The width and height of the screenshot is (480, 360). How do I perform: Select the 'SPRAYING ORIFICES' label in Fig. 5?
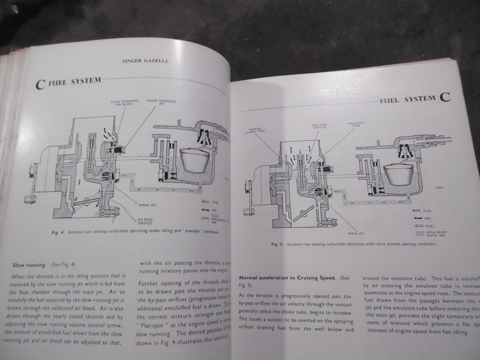pos(318,126)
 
